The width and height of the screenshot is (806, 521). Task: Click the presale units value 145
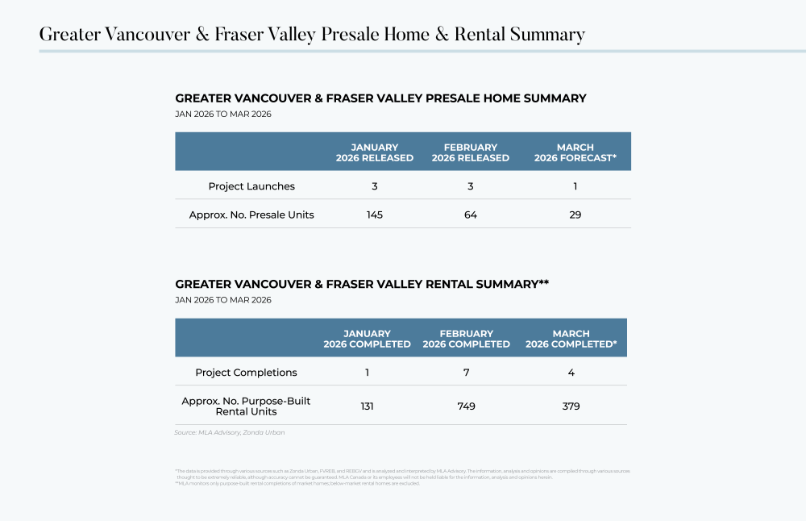pos(374,215)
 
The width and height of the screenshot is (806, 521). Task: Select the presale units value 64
pos(470,215)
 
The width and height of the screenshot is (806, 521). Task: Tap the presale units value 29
pos(575,215)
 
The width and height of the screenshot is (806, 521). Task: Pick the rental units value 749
pos(466,406)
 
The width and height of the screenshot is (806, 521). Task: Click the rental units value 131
pos(367,406)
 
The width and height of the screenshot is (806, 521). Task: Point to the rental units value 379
pos(571,406)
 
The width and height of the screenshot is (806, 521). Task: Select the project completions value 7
pos(466,373)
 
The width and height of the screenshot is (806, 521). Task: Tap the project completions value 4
pos(571,373)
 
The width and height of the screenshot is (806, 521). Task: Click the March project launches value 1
pos(575,186)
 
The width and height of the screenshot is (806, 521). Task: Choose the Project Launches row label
pos(251,186)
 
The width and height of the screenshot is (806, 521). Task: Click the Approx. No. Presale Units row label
pos(251,215)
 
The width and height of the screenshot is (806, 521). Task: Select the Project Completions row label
pos(246,373)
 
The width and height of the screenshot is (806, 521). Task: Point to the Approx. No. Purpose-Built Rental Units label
pos(246,406)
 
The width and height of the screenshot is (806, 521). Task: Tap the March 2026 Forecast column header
pos(575,152)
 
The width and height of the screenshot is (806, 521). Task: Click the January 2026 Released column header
pos(374,152)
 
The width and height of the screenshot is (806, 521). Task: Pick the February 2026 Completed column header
pos(466,339)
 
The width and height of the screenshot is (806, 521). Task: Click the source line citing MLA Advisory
pos(229,432)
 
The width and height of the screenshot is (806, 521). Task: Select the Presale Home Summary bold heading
pos(380,98)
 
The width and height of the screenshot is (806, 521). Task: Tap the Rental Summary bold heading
pos(362,284)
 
